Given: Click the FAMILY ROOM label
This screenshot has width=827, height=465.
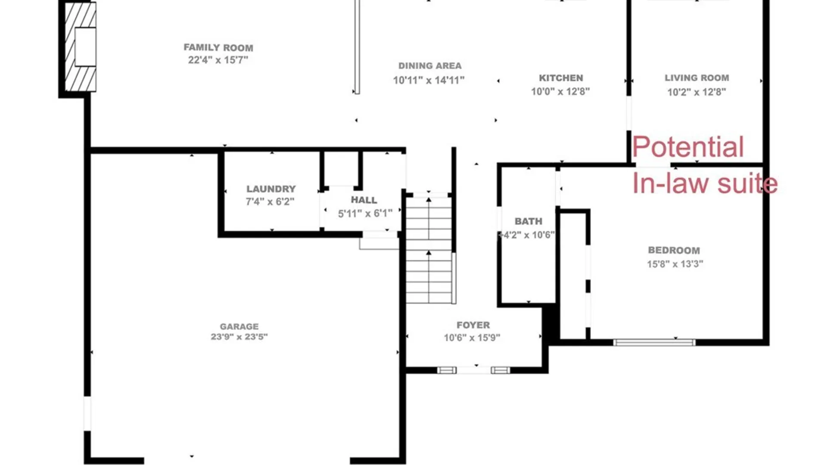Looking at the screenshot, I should (x=218, y=48).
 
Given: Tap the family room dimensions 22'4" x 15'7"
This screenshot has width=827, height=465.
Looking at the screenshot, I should (x=218, y=60).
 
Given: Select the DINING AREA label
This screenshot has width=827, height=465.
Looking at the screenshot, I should (x=430, y=66).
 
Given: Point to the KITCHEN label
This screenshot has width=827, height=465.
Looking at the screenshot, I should (x=561, y=78).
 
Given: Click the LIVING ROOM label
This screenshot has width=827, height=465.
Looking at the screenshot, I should (x=696, y=78).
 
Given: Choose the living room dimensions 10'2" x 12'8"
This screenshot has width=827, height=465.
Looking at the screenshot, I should (x=696, y=92).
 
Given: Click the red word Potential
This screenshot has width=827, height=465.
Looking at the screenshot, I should (x=688, y=147).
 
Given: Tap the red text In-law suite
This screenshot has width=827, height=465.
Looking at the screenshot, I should (x=705, y=183).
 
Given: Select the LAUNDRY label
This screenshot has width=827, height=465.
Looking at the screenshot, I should (x=271, y=189).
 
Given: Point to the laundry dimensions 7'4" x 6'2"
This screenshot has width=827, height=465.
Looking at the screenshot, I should (x=270, y=201).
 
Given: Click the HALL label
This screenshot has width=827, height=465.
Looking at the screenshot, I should (x=364, y=200).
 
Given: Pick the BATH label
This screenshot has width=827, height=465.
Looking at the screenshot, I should (x=529, y=221).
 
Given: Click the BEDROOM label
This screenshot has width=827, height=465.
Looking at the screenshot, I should (x=674, y=251).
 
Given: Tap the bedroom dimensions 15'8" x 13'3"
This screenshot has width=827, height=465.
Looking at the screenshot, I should (x=675, y=264).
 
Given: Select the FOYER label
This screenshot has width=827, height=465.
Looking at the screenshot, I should (x=473, y=325).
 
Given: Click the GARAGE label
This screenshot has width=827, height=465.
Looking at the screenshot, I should (x=239, y=326).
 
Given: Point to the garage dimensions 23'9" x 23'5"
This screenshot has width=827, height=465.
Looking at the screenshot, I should (x=239, y=337).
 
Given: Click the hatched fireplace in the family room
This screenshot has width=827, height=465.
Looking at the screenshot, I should (x=80, y=46).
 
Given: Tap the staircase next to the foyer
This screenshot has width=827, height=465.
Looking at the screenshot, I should (x=429, y=250).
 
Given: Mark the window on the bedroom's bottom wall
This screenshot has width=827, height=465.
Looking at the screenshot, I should (x=654, y=343).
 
